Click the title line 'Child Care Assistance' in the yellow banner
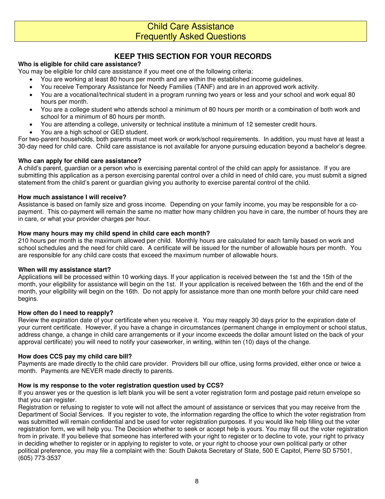(190, 26)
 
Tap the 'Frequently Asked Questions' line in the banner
(190, 37)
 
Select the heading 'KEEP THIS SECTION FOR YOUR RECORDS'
(192, 56)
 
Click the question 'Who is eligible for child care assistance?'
(79, 64)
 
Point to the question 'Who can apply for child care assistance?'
(80, 161)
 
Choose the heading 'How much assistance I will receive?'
(72, 197)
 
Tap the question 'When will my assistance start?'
(64, 269)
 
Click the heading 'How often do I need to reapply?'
(66, 313)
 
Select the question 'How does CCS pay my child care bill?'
(75, 357)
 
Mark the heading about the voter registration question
(121, 385)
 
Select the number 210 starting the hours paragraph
(24, 241)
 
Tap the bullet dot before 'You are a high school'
(32, 132)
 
